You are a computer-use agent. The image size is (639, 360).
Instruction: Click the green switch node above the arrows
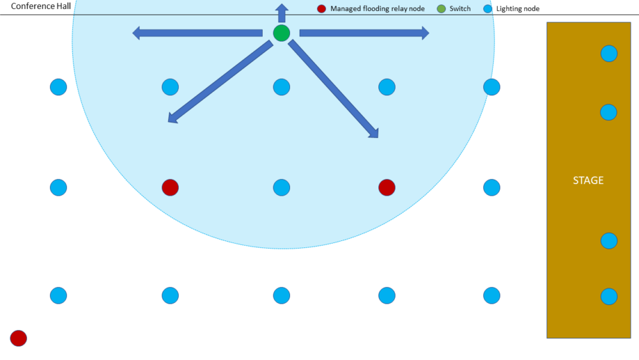click(281, 33)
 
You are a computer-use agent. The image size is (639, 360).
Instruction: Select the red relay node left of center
click(170, 187)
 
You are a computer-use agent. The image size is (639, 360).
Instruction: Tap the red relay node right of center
click(387, 187)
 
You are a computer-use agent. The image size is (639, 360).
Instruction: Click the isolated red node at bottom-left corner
click(19, 338)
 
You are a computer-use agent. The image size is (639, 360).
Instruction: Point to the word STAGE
click(588, 180)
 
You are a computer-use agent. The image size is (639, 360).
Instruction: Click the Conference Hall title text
click(41, 7)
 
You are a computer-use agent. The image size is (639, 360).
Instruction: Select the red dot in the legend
click(321, 9)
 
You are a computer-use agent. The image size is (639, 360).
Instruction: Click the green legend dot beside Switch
click(441, 9)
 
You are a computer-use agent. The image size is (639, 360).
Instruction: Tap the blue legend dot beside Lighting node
click(488, 9)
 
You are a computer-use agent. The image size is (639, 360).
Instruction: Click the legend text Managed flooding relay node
click(377, 9)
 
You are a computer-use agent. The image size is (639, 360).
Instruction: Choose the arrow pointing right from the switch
click(364, 33)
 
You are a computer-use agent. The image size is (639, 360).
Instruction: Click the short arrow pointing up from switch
click(281, 12)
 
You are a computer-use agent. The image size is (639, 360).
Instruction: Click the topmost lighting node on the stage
click(609, 54)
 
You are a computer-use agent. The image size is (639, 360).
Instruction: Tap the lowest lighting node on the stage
click(609, 296)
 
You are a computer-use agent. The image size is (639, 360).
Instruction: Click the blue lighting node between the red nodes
click(281, 187)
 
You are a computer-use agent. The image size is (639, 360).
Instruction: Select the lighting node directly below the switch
click(281, 86)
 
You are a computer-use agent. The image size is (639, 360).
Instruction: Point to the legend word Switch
click(460, 9)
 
